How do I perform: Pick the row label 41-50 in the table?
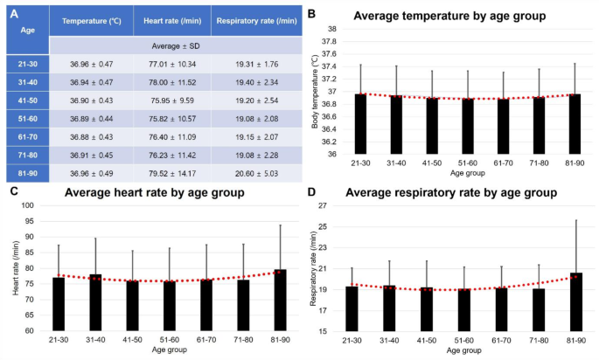tap(24, 99)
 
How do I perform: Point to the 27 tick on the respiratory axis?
tap(321, 205)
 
